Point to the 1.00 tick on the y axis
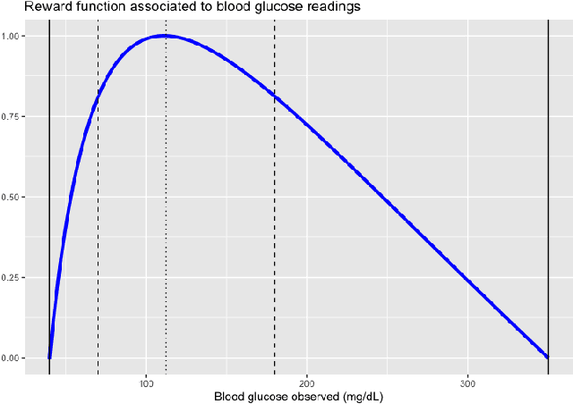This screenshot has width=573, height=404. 18,36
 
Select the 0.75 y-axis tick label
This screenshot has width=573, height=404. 18,116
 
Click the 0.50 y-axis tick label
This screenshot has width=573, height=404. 18,197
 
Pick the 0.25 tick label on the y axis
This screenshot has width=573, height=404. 18,277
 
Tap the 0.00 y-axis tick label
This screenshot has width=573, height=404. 18,358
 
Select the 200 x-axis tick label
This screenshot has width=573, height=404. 307,383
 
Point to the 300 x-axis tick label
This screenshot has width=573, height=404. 467,383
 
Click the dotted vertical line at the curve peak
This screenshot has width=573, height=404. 166,223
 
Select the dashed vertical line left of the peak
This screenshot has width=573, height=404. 98,223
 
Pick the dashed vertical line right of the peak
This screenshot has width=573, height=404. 275,223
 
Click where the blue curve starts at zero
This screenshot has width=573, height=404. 50,357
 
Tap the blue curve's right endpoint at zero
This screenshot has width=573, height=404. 547,357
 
